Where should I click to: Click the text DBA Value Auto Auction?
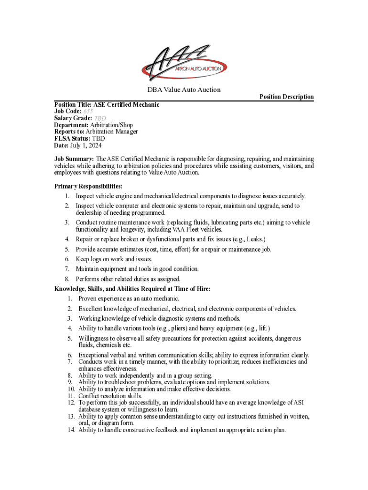click(184, 89)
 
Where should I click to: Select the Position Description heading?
click(286, 97)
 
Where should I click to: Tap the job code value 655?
click(88, 111)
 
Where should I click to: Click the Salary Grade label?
click(73, 118)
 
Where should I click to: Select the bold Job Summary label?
click(74, 158)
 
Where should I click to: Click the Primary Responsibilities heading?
click(88, 186)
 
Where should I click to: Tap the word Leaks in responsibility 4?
click(255, 239)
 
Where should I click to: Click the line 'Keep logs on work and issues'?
click(114, 259)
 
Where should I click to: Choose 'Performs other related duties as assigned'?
click(128, 279)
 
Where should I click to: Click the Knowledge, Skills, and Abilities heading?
click(132, 289)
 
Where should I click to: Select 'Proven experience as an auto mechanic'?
click(129, 299)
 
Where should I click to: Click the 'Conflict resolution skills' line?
click(110, 396)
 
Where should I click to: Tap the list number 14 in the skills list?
click(71, 430)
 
